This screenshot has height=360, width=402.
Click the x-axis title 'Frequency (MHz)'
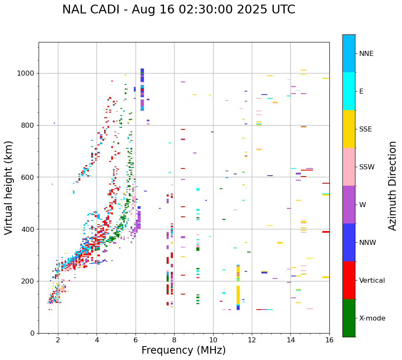(x=183, y=350)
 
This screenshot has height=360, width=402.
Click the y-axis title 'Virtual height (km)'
(x=9, y=188)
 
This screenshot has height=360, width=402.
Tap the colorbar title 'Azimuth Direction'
(x=392, y=186)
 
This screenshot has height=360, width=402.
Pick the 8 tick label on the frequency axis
(x=174, y=340)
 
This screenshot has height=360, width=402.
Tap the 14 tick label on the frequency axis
(x=290, y=340)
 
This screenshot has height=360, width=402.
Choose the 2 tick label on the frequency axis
(x=58, y=340)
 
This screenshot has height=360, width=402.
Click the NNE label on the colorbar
(x=366, y=54)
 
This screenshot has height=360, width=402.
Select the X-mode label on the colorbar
(x=372, y=318)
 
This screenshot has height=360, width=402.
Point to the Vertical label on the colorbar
(x=372, y=281)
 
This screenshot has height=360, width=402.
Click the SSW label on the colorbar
(x=367, y=167)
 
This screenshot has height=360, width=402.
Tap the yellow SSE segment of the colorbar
(x=349, y=129)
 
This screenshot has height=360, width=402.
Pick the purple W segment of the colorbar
(x=349, y=205)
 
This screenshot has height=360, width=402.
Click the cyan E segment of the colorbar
(x=349, y=91)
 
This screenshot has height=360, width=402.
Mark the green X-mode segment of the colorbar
(x=349, y=318)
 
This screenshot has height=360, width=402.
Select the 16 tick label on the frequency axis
(x=329, y=340)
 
